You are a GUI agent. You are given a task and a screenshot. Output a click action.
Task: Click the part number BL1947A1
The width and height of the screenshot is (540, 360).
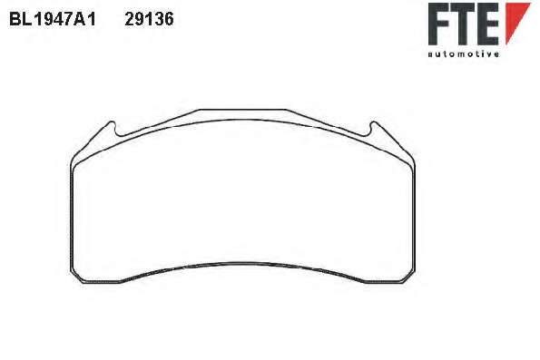pyautogui.click(x=53, y=19)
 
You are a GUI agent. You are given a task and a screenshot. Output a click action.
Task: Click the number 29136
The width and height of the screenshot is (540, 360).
pyautogui.click(x=149, y=19)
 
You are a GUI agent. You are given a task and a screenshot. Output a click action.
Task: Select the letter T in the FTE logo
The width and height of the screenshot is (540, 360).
pyautogui.click(x=463, y=24)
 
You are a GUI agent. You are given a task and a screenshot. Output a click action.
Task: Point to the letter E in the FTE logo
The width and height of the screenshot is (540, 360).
pyautogui.click(x=488, y=24)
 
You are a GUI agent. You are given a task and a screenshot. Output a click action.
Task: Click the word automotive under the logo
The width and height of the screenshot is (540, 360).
pyautogui.click(x=463, y=54)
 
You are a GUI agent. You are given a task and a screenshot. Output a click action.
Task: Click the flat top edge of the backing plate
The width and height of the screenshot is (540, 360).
pyautogui.click(x=243, y=110)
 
